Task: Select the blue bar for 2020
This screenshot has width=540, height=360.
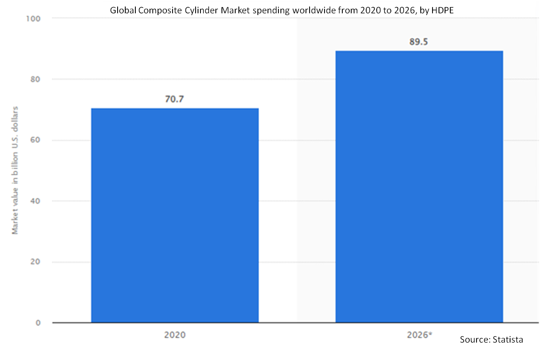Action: click(175, 215)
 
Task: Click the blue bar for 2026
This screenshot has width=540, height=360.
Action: click(419, 186)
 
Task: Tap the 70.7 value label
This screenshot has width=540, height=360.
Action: click(175, 99)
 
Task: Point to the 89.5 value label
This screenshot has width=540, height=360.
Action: click(419, 42)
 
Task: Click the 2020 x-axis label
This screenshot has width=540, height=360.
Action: click(175, 335)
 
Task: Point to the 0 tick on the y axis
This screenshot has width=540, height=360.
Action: click(38, 323)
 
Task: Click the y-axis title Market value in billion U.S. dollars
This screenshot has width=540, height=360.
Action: click(15, 170)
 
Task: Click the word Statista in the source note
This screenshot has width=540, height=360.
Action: click(508, 339)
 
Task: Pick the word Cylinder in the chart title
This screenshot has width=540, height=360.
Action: click(204, 10)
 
